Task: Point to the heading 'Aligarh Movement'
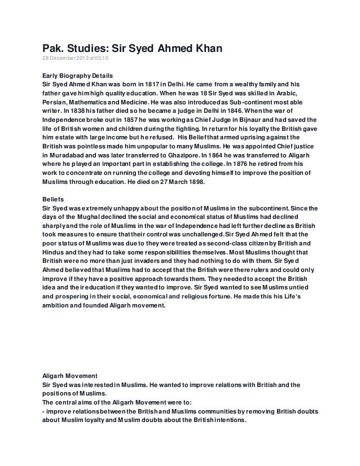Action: (x=72, y=375)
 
